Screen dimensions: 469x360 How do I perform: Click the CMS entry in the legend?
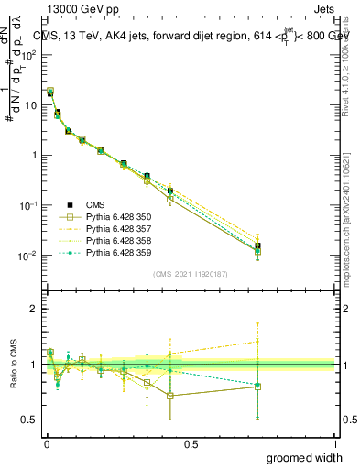(x=95, y=204)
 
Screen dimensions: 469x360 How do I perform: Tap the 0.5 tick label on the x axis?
(x=191, y=443)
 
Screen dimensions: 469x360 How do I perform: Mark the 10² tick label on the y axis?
(x=27, y=54)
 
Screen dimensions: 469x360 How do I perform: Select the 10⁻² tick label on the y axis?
(x=27, y=255)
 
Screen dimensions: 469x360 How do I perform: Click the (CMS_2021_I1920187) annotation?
(x=191, y=274)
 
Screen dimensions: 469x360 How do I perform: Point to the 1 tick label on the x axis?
(x=335, y=443)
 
